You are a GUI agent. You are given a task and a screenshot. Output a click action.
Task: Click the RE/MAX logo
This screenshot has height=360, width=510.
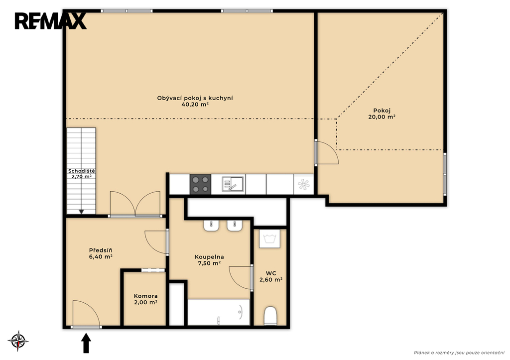click(50, 21)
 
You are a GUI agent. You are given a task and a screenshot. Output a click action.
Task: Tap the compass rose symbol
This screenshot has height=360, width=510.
click(18, 341)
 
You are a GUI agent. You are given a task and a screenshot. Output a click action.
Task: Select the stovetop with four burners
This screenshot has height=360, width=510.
click(200, 184)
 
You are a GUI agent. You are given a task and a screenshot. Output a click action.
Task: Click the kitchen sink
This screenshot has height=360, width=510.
click(233, 184)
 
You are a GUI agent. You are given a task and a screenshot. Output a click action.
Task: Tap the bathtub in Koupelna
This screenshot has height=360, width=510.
click(219, 312)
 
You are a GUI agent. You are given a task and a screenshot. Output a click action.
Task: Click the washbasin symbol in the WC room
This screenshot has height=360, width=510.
click(269, 239)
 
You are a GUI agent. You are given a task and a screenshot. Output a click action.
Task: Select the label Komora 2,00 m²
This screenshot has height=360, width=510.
click(146, 299)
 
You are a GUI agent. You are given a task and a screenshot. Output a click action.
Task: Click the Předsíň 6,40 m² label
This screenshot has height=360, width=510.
click(101, 253)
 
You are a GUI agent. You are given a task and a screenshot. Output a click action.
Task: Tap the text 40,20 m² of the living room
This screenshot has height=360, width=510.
click(195, 105)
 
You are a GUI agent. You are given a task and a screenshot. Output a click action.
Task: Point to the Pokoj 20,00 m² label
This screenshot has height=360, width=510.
click(382, 114)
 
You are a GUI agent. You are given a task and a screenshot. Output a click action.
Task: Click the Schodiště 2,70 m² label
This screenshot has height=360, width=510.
click(82, 174)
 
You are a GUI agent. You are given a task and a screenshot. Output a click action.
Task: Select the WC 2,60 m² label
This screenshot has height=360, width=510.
click(270, 276)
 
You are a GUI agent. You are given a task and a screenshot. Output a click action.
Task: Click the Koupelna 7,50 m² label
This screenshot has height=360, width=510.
click(210, 260)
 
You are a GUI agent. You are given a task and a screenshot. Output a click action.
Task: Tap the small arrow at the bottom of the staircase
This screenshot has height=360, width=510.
click(81, 212)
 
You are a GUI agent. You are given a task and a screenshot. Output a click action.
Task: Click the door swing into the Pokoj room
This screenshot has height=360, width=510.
click(327, 152)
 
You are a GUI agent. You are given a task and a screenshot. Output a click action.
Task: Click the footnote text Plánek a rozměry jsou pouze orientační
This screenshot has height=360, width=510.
click(459, 353)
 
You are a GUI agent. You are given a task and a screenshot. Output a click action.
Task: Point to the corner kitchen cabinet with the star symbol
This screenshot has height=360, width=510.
click(304, 184)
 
